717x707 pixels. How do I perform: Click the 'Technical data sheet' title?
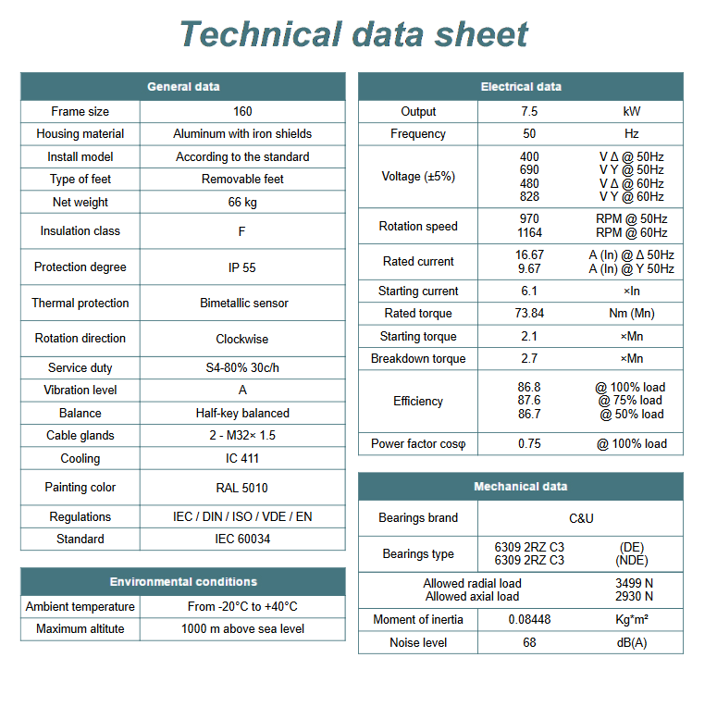353,34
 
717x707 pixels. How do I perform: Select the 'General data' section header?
183,87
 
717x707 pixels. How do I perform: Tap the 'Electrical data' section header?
521,87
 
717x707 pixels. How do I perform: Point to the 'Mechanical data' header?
521,487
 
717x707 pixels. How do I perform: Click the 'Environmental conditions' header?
183,582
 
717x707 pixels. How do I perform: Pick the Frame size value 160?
242,111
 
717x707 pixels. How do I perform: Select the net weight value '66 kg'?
242,202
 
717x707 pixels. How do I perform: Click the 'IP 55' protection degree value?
242,267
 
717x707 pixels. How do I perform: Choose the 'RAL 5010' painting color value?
242,488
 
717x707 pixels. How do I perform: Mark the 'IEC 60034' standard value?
242,539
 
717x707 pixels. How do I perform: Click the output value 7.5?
529,111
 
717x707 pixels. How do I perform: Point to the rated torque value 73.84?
529,314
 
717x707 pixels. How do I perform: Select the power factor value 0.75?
529,444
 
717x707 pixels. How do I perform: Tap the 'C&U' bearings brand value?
581,518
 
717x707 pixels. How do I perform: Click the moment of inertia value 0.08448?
529,620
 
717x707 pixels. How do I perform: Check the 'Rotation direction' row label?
80,339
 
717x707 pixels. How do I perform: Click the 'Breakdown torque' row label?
418,359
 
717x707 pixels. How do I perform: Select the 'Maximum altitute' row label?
80,629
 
